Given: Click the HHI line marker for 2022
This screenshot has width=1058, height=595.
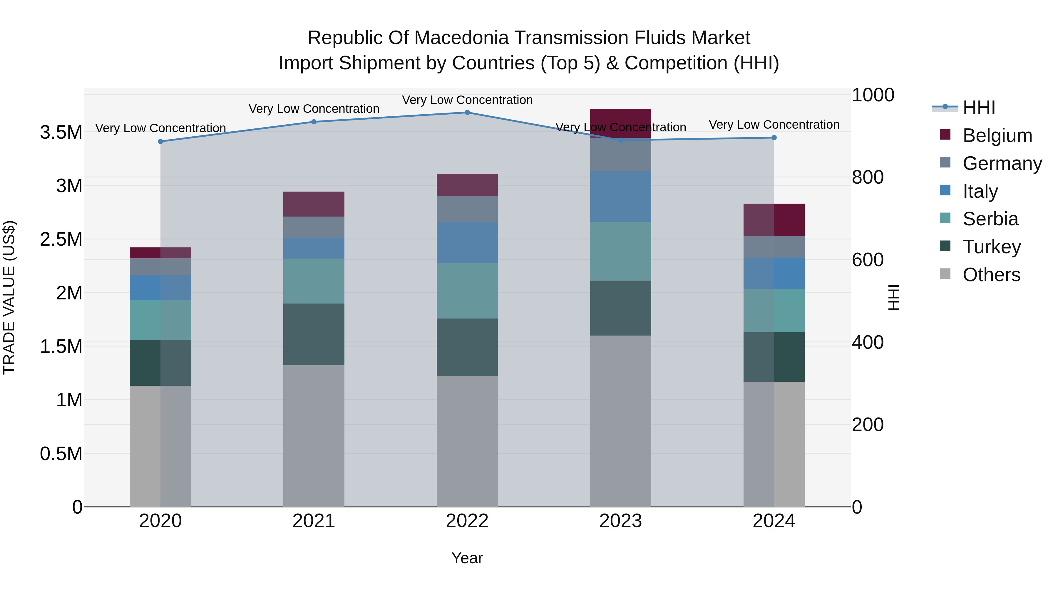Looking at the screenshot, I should pos(467,112).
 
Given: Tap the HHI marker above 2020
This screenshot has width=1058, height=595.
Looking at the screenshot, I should pos(160,141).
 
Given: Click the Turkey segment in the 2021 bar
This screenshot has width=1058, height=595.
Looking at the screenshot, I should pos(314,334).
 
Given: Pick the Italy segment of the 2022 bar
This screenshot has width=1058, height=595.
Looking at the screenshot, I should pos(467,242).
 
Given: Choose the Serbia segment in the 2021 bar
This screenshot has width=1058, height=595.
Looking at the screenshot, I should pos(314,281).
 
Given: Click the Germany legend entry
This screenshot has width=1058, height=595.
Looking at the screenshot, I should pos(1002,163).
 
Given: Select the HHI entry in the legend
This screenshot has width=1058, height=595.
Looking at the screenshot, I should pos(979,108).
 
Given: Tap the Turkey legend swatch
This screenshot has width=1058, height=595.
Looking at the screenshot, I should pos(945,247).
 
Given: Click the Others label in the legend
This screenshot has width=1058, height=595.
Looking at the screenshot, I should pos(992,275).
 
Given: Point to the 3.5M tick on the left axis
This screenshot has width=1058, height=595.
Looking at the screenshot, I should pos(61,133).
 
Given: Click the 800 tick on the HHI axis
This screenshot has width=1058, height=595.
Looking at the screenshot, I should pos(868,177).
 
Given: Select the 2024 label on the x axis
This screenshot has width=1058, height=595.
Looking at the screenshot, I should pos(774,521).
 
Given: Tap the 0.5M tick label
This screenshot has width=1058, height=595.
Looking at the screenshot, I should pos(61,454).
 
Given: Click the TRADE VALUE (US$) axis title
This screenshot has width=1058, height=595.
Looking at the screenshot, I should pos(9,297).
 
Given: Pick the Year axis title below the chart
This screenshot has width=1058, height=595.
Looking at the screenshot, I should pos(467,558).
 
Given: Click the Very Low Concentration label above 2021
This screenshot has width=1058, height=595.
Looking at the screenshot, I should pos(314,109).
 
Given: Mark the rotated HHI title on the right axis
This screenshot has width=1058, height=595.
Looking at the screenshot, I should pos(894,297).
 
